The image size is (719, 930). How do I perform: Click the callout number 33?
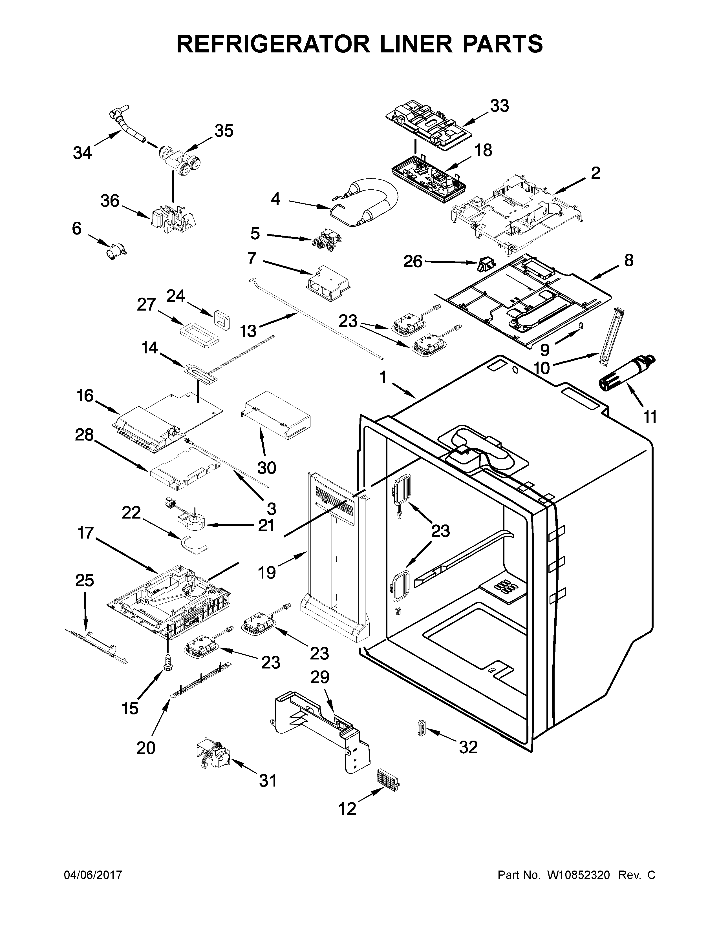click(499, 106)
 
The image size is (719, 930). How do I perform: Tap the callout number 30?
click(267, 468)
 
